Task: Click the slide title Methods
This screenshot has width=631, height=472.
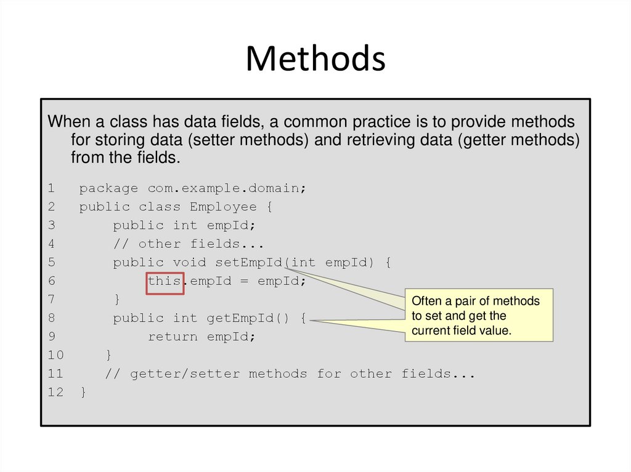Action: [315, 59]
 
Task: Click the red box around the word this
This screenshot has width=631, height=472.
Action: [165, 283]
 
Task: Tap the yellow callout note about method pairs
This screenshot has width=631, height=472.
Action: [479, 315]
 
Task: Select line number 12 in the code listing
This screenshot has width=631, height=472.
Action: [55, 392]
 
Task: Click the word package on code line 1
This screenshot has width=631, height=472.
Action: [108, 188]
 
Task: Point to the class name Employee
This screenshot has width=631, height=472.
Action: [214, 207]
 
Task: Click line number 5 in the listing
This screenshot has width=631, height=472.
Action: [52, 262]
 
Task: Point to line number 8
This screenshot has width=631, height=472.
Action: [52, 318]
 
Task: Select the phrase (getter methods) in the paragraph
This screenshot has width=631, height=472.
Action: [518, 140]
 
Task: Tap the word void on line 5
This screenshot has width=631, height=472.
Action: [189, 262]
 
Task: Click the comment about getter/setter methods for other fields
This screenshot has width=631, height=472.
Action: [290, 374]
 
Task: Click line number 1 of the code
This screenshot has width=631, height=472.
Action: [52, 188]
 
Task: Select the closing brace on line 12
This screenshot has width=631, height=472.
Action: [83, 392]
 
